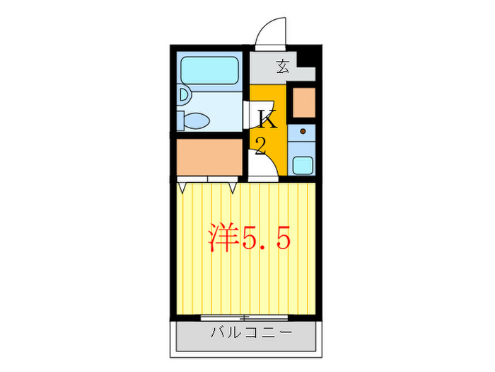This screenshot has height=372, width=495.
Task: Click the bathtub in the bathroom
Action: pos(209,71)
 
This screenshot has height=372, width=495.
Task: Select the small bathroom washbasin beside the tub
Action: pos(183,94)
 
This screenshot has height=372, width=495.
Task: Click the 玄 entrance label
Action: pos(283,67)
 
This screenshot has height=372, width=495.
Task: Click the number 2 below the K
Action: pos(260,146)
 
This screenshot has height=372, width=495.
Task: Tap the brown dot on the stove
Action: pos(303,130)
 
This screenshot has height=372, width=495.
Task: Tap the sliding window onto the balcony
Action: pos(244,315)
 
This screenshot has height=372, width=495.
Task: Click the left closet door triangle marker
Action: pos(184,186)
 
